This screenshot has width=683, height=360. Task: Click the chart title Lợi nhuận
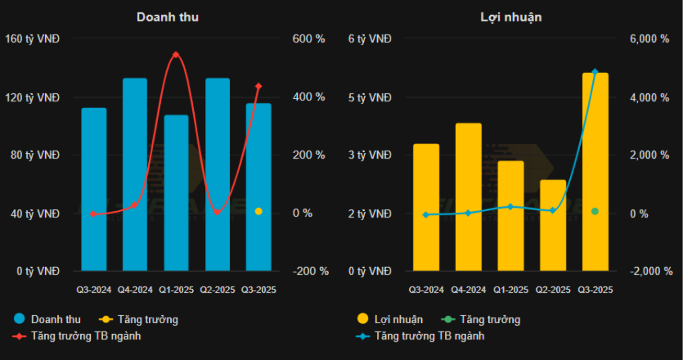511,16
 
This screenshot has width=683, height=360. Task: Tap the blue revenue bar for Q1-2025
176,192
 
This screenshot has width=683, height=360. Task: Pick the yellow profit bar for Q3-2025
595,172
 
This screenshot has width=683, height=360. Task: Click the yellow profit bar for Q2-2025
553,225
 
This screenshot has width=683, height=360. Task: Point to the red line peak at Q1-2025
176,55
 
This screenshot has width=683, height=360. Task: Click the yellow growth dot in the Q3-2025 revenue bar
258,211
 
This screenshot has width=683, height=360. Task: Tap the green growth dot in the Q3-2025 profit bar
595,211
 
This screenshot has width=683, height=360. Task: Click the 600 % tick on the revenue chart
308,39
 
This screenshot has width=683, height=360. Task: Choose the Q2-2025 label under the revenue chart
218,290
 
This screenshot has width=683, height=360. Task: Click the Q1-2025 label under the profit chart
511,290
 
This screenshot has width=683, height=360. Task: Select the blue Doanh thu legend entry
48,319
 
